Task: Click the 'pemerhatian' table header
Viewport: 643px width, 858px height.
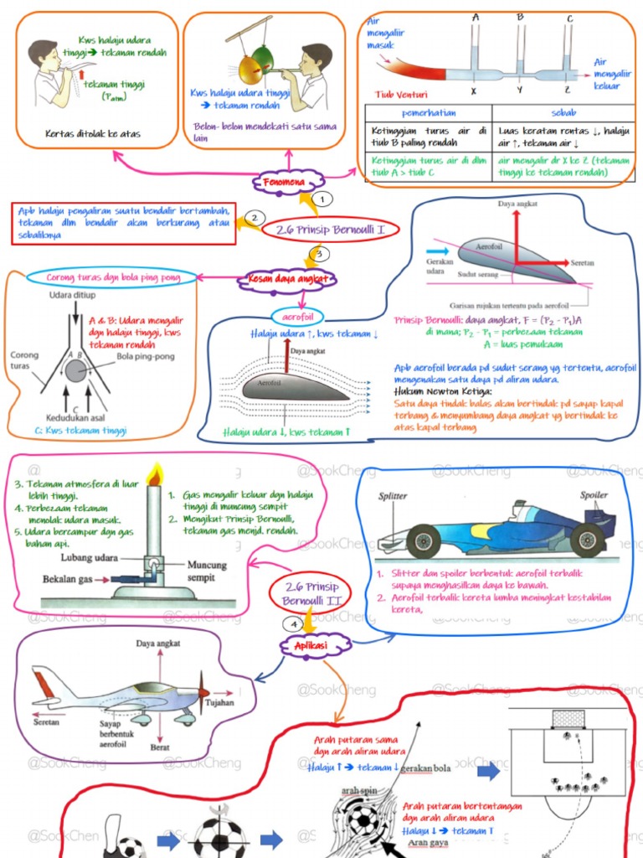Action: coord(428,112)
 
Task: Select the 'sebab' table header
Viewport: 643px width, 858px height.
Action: coord(563,112)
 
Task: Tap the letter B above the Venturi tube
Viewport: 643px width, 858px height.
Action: coord(520,17)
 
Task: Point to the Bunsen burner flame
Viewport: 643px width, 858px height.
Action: coord(153,474)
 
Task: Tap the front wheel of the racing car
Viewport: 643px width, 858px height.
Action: coord(423,540)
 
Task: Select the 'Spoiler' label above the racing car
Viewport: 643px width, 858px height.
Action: coord(594,495)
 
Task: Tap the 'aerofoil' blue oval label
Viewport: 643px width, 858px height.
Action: coord(297,315)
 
